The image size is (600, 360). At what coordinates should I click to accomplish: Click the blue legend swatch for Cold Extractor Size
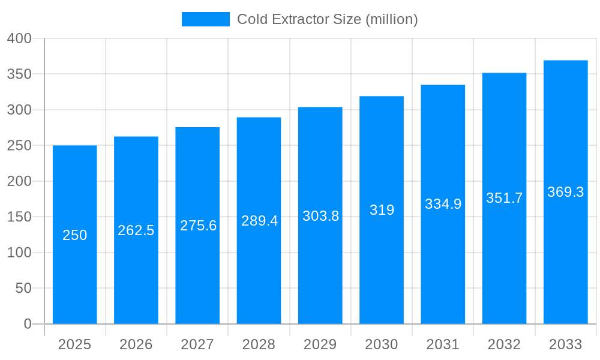205,19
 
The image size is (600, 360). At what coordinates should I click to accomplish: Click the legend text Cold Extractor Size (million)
327,19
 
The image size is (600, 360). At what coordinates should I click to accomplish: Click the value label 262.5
136,230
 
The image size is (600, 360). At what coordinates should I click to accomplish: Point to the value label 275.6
198,226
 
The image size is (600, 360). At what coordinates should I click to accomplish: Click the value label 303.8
320,216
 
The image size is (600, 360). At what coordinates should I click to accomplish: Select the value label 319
382,210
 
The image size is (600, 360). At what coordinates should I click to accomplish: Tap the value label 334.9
443,204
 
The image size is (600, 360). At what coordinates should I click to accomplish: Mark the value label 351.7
504,198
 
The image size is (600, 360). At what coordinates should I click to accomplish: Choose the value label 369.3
565,192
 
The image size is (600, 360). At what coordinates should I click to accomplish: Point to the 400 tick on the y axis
19,38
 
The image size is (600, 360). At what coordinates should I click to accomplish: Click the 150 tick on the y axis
19,217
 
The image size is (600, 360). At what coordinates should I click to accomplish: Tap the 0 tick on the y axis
28,324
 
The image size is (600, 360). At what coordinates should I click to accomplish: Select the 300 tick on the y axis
19,110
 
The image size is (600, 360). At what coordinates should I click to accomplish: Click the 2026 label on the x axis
136,344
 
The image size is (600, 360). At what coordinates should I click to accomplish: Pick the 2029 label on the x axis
320,344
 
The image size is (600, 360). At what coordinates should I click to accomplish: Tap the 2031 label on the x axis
443,344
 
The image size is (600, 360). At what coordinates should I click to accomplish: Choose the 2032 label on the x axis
504,344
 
